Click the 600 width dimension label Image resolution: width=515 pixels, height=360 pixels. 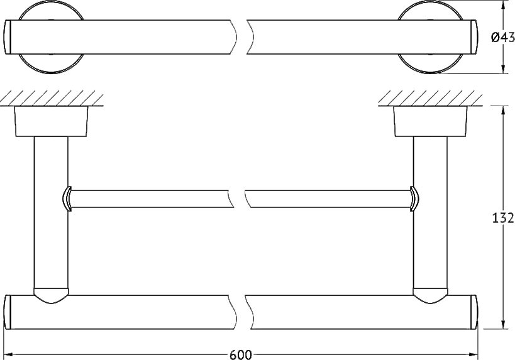pyautogui.click(x=240, y=355)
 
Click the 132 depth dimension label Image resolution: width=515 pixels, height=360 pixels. pyautogui.click(x=502, y=218)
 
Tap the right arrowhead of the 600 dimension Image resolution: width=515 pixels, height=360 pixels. pyautogui.click(x=473, y=354)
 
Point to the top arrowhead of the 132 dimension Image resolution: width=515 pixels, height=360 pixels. pyautogui.click(x=502, y=111)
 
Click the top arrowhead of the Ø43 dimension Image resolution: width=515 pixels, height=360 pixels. pyautogui.click(x=502, y=5)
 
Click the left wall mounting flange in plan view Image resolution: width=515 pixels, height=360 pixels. pyautogui.click(x=51, y=121)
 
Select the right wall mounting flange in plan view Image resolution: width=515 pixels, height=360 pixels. pyautogui.click(x=430, y=121)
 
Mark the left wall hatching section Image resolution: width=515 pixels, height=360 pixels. pyautogui.click(x=52, y=98)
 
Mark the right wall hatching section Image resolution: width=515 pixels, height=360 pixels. pyautogui.click(x=430, y=98)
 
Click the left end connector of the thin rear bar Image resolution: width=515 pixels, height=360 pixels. pyautogui.click(x=67, y=199)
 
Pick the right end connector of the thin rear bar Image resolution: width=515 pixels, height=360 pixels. pyautogui.click(x=414, y=199)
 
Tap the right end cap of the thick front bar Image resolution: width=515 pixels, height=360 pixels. pyautogui.click(x=474, y=312)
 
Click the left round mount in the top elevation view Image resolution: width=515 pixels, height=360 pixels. pyautogui.click(x=51, y=37)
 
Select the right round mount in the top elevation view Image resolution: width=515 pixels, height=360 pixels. pyautogui.click(x=430, y=37)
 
